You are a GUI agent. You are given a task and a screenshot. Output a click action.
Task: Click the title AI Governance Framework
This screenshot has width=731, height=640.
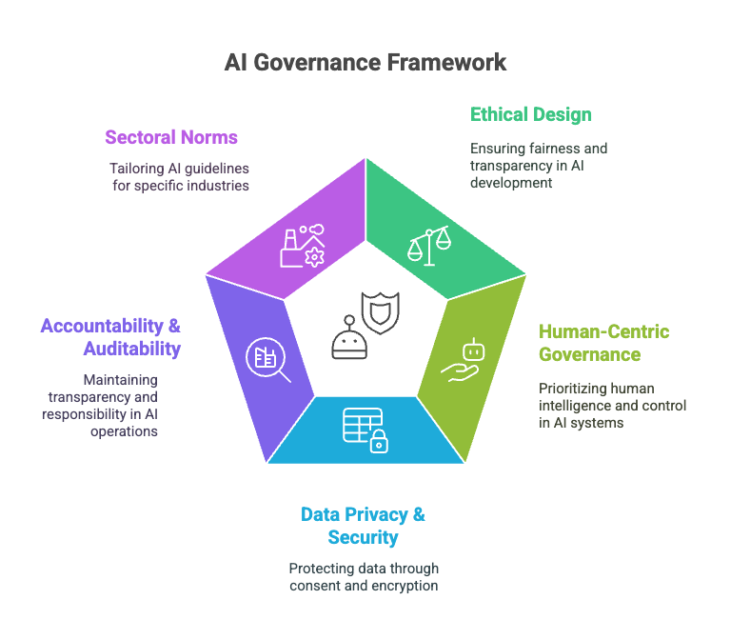[365, 63]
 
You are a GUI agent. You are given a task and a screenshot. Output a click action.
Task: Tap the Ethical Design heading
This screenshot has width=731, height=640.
[530, 115]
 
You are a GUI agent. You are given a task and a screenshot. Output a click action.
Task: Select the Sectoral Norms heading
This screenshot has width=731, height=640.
[171, 137]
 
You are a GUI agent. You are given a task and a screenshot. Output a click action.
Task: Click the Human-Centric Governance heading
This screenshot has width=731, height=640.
[603, 343]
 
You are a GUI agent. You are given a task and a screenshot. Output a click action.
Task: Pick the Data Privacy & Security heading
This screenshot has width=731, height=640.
[363, 526]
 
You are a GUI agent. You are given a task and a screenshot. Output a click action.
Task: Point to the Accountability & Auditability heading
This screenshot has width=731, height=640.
[110, 337]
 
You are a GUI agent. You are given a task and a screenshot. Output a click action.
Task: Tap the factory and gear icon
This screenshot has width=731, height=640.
[301, 246]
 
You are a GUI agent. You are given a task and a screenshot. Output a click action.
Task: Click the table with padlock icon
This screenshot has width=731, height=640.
[365, 428]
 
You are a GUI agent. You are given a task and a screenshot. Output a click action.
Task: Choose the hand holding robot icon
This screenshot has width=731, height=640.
[464, 361]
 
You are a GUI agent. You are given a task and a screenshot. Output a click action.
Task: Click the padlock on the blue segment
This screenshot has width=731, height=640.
[379, 440]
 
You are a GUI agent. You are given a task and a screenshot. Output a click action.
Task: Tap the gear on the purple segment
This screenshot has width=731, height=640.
[313, 257]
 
